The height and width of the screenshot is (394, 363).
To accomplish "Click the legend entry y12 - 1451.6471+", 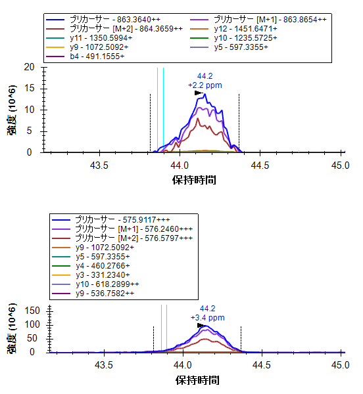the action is (233, 29).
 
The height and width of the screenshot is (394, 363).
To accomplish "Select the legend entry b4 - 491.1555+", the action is (85, 56).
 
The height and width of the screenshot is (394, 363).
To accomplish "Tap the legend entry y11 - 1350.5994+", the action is (89, 38).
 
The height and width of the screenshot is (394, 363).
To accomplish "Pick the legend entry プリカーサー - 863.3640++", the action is (103, 19).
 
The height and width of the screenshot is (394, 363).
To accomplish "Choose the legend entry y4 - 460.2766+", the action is (91, 265).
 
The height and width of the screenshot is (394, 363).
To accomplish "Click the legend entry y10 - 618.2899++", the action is (95, 284).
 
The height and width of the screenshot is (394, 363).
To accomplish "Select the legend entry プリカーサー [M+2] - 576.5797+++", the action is (122, 238).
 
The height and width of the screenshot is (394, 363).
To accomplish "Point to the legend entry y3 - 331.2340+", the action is (91, 275).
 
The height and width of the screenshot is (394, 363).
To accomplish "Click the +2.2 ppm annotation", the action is (205, 85).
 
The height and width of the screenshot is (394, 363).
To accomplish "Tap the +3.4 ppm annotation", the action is (208, 318).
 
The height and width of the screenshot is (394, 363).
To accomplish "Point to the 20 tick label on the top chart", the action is (29, 67).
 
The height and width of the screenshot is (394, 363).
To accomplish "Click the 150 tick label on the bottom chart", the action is (32, 311).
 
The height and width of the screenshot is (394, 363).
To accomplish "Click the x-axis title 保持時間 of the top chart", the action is (194, 180).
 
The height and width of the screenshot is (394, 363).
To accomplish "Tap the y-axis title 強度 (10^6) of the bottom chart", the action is (12, 329).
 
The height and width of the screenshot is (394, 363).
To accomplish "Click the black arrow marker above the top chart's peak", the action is (199, 93).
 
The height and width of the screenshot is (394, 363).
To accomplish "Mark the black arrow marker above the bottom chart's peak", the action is (201, 326).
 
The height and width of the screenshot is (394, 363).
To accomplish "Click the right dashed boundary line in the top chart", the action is (239, 123).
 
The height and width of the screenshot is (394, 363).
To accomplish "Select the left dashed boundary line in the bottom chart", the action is (153, 339).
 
